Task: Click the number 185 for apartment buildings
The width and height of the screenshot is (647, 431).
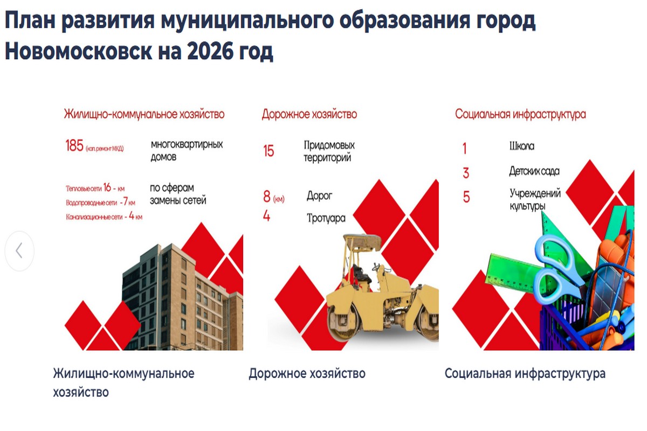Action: (74, 145)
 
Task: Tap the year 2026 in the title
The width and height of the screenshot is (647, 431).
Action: (210, 51)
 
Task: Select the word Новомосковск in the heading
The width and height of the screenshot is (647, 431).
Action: (79, 51)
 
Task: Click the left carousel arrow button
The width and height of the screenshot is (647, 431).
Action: (19, 251)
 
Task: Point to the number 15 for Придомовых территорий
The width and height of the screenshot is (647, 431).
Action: (269, 151)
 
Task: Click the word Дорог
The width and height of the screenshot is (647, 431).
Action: (319, 196)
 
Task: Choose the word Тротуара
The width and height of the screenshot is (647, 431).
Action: (326, 218)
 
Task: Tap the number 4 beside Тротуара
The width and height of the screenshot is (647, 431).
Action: (266, 215)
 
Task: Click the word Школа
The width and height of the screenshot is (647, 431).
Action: (522, 146)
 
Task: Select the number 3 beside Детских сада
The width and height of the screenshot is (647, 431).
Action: (466, 173)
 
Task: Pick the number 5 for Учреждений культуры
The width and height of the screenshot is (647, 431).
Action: (466, 197)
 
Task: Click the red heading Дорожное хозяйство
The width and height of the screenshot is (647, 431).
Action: (309, 114)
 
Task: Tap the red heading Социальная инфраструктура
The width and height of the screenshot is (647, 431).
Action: (520, 114)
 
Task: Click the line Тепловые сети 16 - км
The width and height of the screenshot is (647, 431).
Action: (95, 188)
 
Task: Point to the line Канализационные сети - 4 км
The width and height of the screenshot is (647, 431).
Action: (104, 216)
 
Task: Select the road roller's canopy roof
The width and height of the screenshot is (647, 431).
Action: (362, 240)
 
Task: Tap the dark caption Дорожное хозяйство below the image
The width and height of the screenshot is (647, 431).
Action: (307, 373)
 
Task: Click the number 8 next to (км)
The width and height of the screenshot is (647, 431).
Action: (266, 197)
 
